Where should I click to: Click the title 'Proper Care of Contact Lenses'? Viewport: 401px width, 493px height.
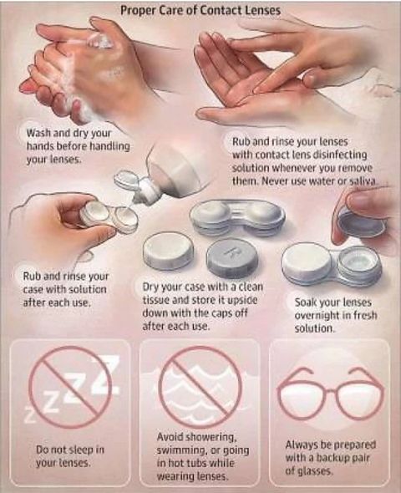(200, 10)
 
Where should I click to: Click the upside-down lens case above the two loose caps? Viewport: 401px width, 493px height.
(237, 217)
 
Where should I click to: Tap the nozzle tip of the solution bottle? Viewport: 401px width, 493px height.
(136, 199)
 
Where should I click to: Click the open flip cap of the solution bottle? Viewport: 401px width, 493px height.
(125, 180)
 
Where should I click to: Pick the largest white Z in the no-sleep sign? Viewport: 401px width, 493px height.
(105, 374)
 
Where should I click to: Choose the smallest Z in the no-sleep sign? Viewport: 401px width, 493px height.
(30, 416)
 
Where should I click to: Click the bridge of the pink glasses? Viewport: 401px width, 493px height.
(330, 391)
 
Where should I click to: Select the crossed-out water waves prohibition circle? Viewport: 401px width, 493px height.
(200, 388)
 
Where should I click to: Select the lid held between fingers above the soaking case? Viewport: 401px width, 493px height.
(362, 223)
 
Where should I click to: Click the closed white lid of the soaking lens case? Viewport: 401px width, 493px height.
(307, 262)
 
